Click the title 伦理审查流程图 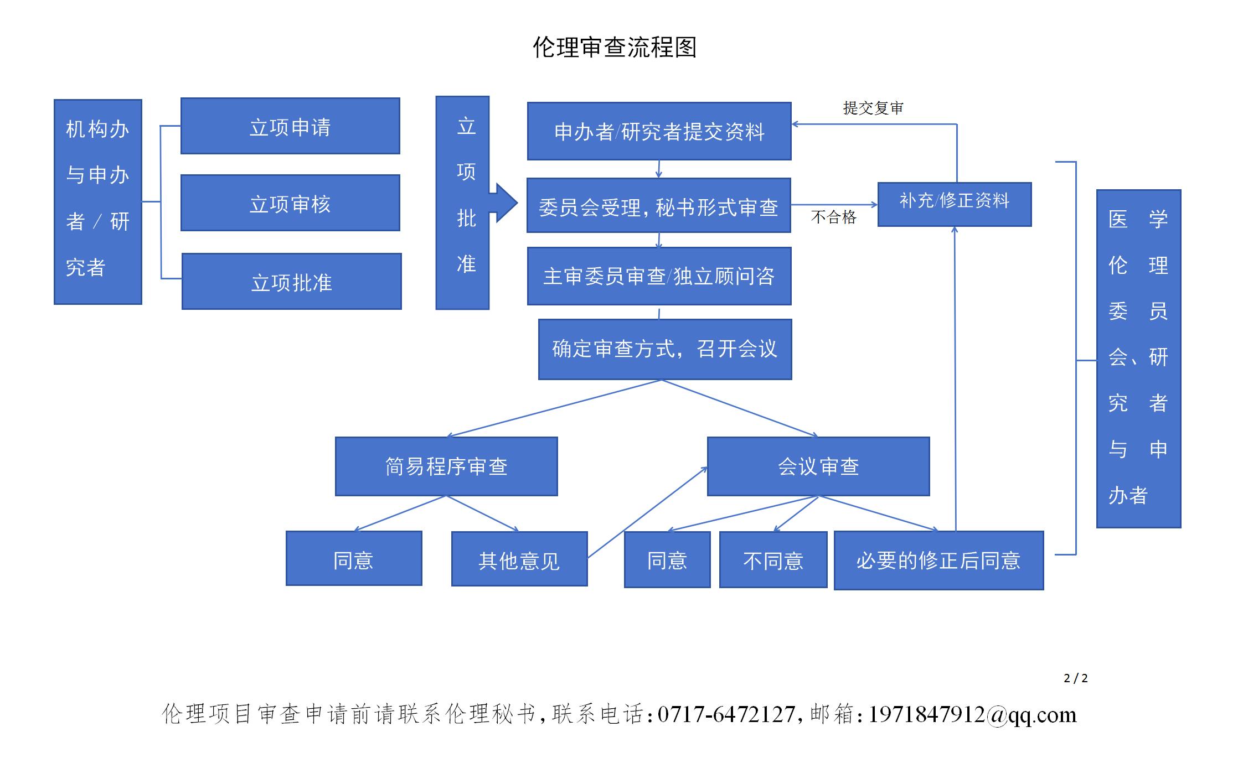pyautogui.click(x=615, y=48)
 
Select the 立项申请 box pyautogui.click(x=290, y=126)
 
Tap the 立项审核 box pyautogui.click(x=290, y=203)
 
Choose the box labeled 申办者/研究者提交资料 pyautogui.click(x=659, y=131)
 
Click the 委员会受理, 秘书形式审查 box pyautogui.click(x=658, y=206)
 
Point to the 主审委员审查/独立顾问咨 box pyautogui.click(x=659, y=276)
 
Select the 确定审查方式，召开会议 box pyautogui.click(x=664, y=349)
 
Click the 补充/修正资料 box pyautogui.click(x=955, y=204)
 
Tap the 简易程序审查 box pyautogui.click(x=446, y=466)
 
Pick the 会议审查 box pyautogui.click(x=818, y=466)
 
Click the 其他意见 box pyautogui.click(x=519, y=559)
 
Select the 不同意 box pyautogui.click(x=773, y=560)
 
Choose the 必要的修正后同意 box pyautogui.click(x=938, y=560)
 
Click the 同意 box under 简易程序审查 pyautogui.click(x=354, y=559)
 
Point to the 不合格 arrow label pyautogui.click(x=833, y=217)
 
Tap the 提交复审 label pyautogui.click(x=873, y=108)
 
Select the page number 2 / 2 pyautogui.click(x=1076, y=678)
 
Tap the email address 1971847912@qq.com pyautogui.click(x=972, y=714)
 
